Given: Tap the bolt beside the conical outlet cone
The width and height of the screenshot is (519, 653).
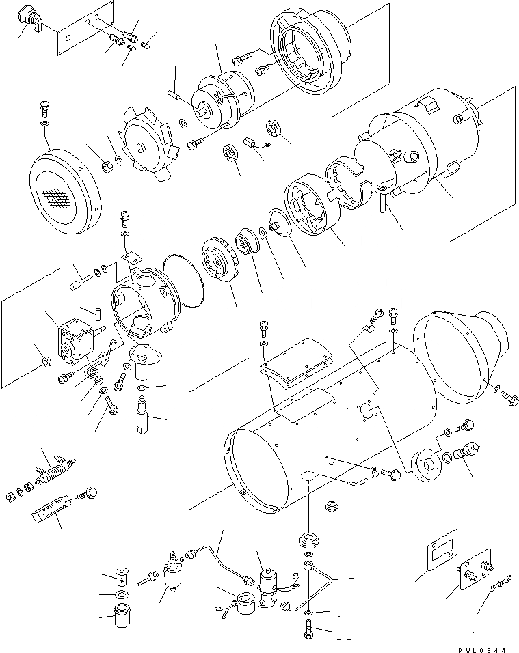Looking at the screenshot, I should pyautogui.click(x=507, y=395).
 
